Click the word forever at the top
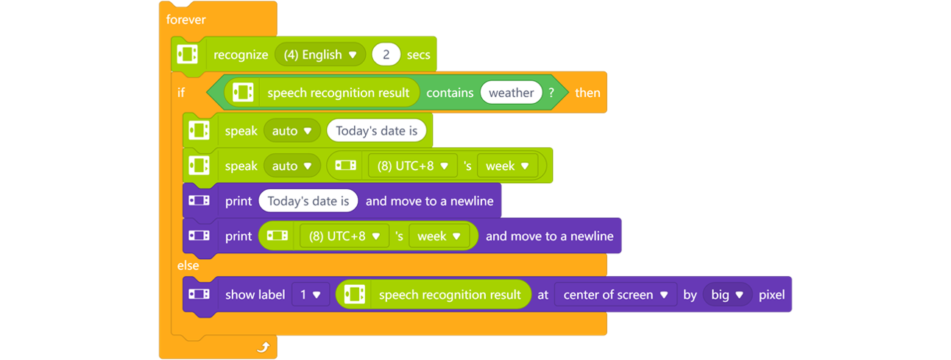click(x=185, y=20)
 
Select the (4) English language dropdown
click(x=320, y=54)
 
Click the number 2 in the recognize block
click(x=386, y=54)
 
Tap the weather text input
click(x=511, y=93)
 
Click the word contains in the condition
click(x=450, y=93)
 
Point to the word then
click(x=587, y=93)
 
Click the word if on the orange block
click(x=181, y=93)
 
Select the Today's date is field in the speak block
click(x=376, y=131)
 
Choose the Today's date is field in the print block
click(x=308, y=201)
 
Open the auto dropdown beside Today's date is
click(x=291, y=131)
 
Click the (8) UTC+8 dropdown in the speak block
click(x=412, y=166)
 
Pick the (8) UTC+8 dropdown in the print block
click(x=344, y=236)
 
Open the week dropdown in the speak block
click(x=507, y=166)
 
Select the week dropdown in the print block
click(x=439, y=236)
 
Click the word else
click(x=188, y=265)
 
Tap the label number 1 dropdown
click(x=309, y=294)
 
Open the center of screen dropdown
click(x=615, y=294)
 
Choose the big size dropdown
click(x=727, y=294)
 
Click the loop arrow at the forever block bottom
click(x=263, y=347)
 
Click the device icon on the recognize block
click(x=188, y=54)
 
